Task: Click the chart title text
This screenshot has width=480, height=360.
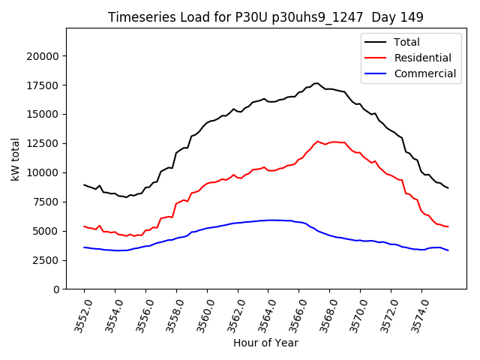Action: [265, 17]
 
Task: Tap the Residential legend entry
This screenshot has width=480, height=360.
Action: [422, 58]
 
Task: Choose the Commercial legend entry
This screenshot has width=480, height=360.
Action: [424, 73]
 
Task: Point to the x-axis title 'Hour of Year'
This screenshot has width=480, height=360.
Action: [265, 343]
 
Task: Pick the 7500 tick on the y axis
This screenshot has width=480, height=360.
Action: [46, 202]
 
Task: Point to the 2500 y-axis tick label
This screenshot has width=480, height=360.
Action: [46, 260]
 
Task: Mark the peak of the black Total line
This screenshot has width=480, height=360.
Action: [316, 83]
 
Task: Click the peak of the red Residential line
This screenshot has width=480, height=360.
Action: [317, 141]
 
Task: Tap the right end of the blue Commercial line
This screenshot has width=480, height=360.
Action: [448, 250]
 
